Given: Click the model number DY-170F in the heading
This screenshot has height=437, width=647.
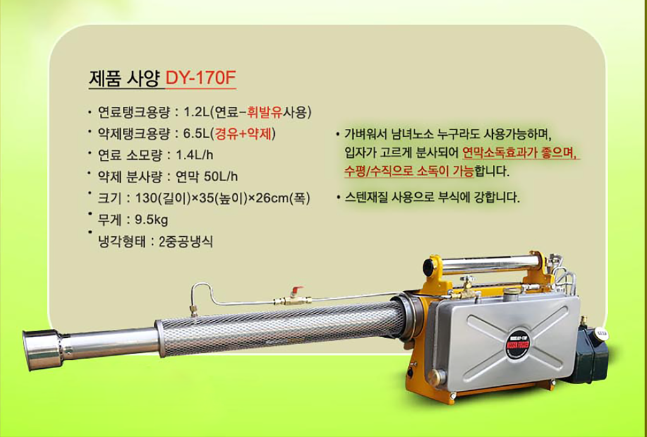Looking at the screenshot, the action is click(x=200, y=78).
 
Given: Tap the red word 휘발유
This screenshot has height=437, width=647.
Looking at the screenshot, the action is click(x=265, y=112).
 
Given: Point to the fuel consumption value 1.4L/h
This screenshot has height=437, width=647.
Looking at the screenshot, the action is click(x=195, y=155).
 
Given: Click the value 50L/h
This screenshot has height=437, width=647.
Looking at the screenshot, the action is click(x=221, y=176).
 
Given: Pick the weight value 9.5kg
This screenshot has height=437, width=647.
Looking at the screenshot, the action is click(x=152, y=220).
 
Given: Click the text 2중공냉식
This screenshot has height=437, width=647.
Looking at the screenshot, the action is click(x=186, y=241).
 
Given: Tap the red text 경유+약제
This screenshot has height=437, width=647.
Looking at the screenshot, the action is click(x=245, y=134).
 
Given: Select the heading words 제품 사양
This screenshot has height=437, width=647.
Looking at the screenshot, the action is click(x=124, y=78).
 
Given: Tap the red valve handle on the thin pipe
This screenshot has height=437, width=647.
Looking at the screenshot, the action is click(x=296, y=289).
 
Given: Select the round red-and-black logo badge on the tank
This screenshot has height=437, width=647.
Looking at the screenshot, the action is click(x=517, y=343).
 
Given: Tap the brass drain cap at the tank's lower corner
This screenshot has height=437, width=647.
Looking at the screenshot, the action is click(x=437, y=378).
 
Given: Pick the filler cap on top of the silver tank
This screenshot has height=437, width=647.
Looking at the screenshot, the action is click(x=512, y=294).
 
